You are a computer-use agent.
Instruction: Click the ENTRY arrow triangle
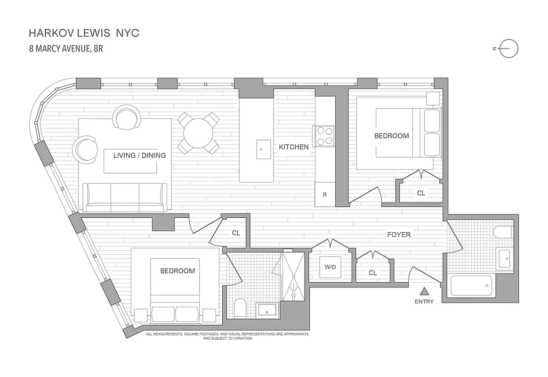pos(424,291)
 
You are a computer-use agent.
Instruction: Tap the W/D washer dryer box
pos(330,267)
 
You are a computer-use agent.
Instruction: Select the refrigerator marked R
pos(325,194)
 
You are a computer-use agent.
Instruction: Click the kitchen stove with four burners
pos(324,135)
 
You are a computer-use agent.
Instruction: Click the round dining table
pos(198,133)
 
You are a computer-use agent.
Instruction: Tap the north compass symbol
pos(508,49)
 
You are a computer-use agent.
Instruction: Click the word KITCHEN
pos(294,147)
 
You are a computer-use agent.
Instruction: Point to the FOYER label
pos(399,234)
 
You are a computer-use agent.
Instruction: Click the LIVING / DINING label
pos(139,155)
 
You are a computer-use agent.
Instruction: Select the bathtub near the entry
pos(471,286)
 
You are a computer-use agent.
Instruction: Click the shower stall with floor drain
pos(293,276)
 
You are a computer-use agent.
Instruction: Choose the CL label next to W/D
pos(372,272)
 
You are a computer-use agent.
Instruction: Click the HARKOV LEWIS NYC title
pos(84,33)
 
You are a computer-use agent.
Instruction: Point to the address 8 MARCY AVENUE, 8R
pos(66,48)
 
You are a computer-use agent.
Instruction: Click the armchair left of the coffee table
pos(85,148)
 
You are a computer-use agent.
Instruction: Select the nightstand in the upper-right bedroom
pos(433,98)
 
